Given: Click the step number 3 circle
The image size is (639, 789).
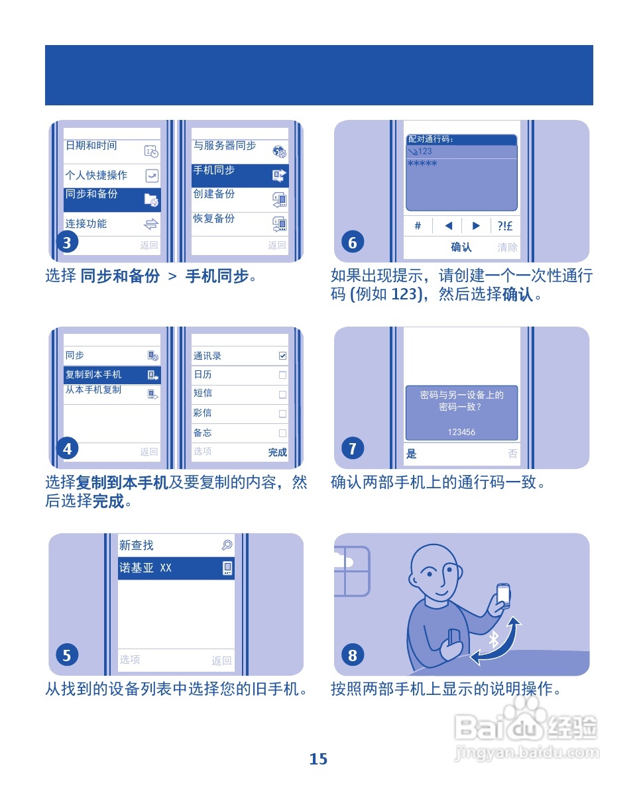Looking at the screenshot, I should pyautogui.click(x=67, y=243).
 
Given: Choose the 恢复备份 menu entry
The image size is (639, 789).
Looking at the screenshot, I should pyautogui.click(x=239, y=223).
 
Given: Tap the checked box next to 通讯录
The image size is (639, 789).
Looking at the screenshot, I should pyautogui.click(x=283, y=356).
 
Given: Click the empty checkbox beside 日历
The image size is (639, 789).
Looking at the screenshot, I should pyautogui.click(x=283, y=375).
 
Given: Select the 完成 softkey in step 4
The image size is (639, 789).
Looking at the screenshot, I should pyautogui.click(x=277, y=452).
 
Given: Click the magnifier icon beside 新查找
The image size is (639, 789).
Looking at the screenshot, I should pyautogui.click(x=227, y=545).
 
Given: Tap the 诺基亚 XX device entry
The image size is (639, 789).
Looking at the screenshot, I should pyautogui.click(x=176, y=568).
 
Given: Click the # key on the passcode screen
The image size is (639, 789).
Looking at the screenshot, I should pyautogui.click(x=418, y=226).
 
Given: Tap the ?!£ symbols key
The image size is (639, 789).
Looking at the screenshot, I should pyautogui.click(x=504, y=226).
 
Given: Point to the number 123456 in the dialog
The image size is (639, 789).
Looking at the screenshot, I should pyautogui.click(x=461, y=432).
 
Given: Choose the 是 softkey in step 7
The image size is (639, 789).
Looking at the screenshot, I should pyautogui.click(x=412, y=454).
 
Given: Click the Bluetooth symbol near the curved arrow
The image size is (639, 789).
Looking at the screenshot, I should pyautogui.click(x=493, y=639).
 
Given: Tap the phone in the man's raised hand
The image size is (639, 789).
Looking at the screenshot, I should pyautogui.click(x=503, y=594).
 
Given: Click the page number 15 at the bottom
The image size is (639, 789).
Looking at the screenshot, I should pyautogui.click(x=318, y=759).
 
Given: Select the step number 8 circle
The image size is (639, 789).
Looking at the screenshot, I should pyautogui.click(x=353, y=656).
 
